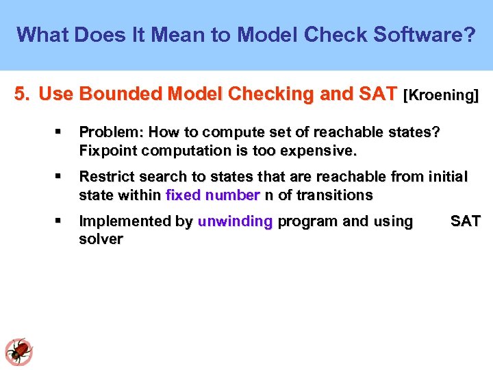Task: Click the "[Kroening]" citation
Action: (442, 95)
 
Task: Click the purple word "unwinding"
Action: (235, 221)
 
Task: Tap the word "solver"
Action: (101, 239)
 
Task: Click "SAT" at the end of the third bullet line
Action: (466, 221)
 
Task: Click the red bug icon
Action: (19, 351)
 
